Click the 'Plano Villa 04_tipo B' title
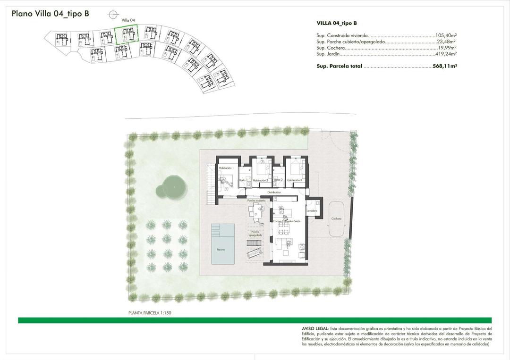(x=51, y=14)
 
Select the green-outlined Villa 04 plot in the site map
(x=127, y=35)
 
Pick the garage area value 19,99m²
(x=447, y=48)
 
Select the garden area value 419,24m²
(x=446, y=55)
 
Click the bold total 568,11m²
(x=445, y=67)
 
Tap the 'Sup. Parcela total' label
(x=339, y=67)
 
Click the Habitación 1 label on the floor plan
(x=226, y=168)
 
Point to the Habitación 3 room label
(x=294, y=180)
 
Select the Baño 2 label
(x=278, y=180)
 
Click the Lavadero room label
(x=311, y=211)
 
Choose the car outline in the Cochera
(x=336, y=218)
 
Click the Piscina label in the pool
(x=221, y=249)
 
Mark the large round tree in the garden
(x=173, y=187)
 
